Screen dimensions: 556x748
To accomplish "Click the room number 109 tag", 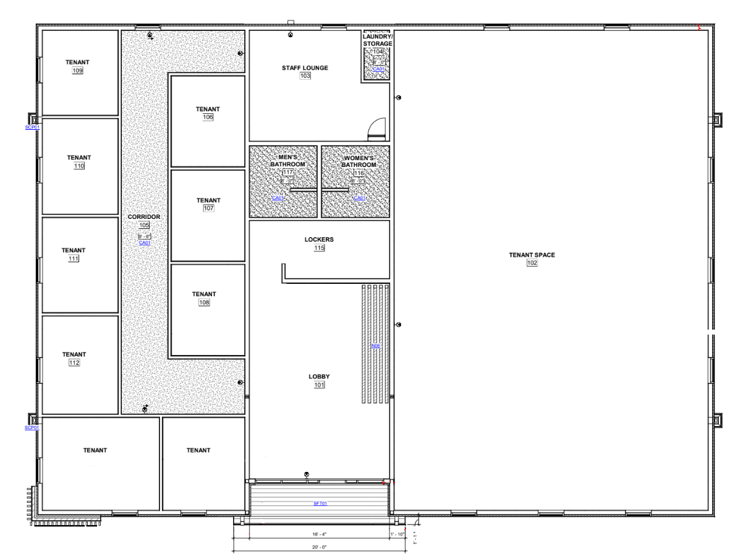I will pyautogui.click(x=78, y=71).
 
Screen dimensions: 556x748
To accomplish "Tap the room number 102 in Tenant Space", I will pyautogui.click(x=532, y=263).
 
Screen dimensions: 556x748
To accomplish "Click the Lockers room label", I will pyautogui.click(x=319, y=239).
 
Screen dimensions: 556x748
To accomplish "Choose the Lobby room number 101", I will pyautogui.click(x=319, y=385).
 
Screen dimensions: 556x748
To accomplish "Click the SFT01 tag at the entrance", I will pyautogui.click(x=320, y=503).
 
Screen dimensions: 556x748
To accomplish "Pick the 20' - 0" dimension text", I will pyautogui.click(x=318, y=547).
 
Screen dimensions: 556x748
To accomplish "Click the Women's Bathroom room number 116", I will pyautogui.click(x=359, y=173).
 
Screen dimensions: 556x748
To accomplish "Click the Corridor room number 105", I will pyautogui.click(x=144, y=226).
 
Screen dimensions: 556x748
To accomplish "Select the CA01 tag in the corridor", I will pyautogui.click(x=145, y=243).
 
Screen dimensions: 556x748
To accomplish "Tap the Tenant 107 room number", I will pyautogui.click(x=208, y=208).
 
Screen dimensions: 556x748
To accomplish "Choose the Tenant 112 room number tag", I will pyautogui.click(x=74, y=363).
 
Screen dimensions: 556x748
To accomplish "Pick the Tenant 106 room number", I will pyautogui.click(x=208, y=118).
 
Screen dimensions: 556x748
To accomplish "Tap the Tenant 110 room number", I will pyautogui.click(x=79, y=166).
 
